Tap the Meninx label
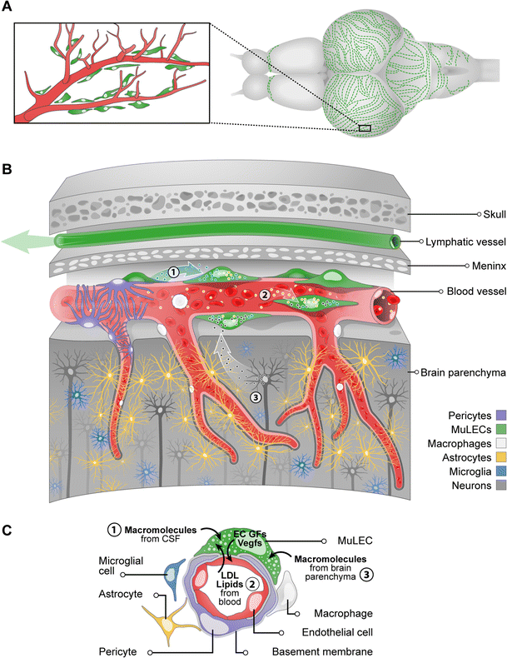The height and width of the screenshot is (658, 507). point(450,267)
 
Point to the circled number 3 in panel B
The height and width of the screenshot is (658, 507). point(256,397)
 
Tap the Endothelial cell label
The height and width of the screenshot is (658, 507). point(326,632)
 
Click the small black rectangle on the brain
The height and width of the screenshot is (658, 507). point(364,128)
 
